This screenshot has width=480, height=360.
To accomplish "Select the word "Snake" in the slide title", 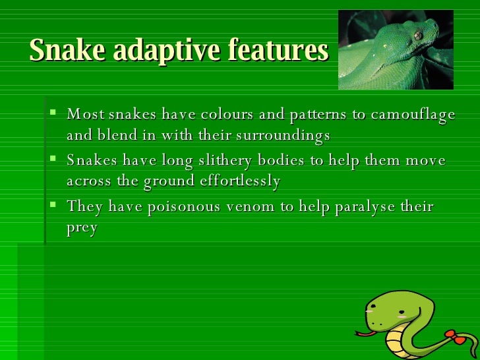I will coord(63,50).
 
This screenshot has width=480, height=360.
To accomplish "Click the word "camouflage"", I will coord(413,115).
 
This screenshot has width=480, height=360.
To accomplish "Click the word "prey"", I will coord(82,229).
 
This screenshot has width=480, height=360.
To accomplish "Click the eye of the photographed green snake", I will coord(417,35).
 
